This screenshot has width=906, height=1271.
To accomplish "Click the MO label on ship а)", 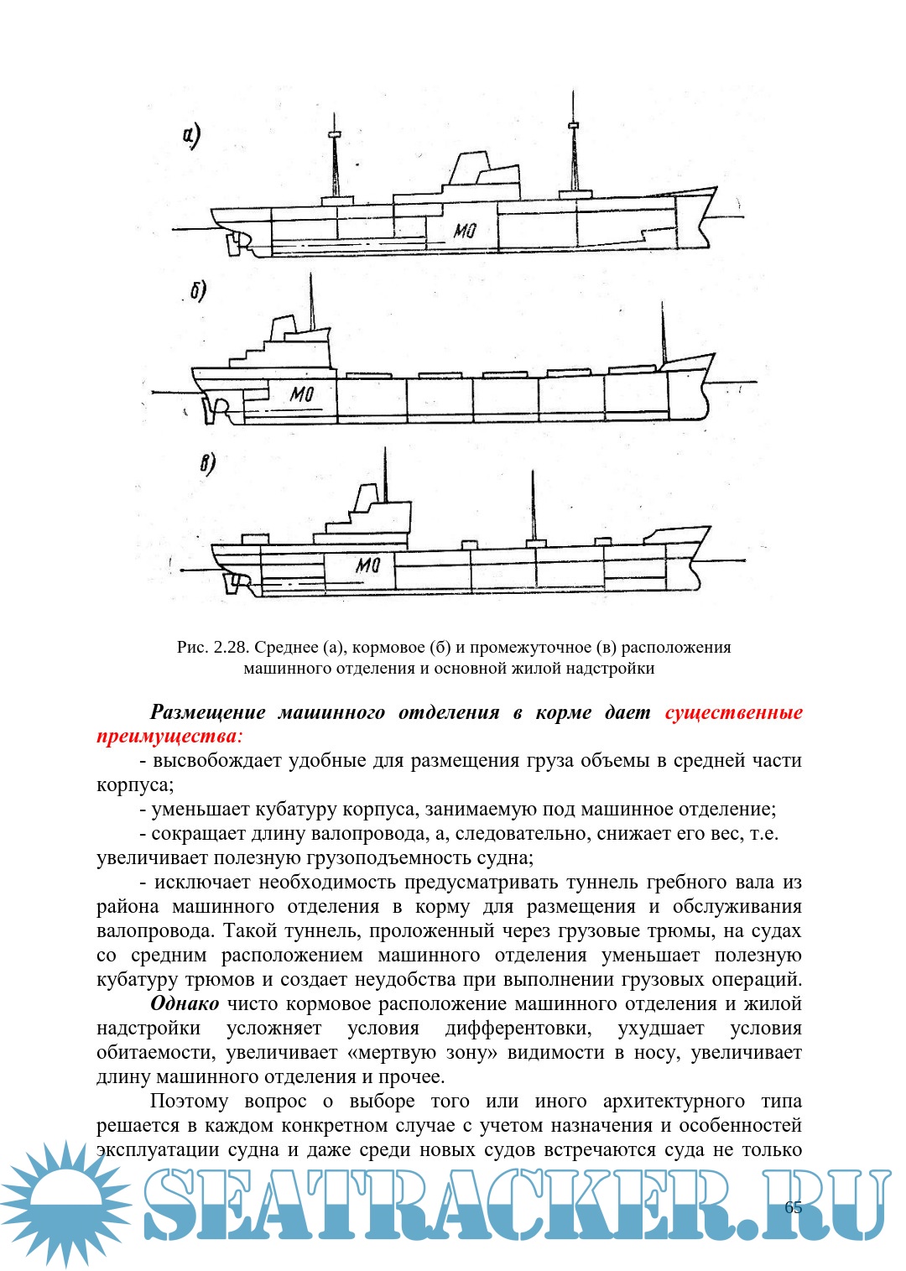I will pyautogui.click(x=465, y=230).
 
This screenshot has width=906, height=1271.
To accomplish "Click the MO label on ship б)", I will pyautogui.click(x=301, y=393).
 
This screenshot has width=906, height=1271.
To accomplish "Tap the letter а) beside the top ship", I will pyautogui.click(x=191, y=136).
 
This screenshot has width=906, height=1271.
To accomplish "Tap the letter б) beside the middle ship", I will pyautogui.click(x=198, y=291).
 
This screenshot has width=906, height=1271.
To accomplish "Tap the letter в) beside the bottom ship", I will pyautogui.click(x=207, y=464).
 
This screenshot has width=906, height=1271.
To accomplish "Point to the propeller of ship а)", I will pyautogui.click(x=232, y=244).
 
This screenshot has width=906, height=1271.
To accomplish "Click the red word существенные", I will pyautogui.click(x=733, y=712).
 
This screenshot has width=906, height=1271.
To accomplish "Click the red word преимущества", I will pyautogui.click(x=167, y=737).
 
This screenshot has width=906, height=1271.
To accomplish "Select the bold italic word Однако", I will pyautogui.click(x=185, y=1003).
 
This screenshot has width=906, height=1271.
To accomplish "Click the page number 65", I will pyautogui.click(x=793, y=1207).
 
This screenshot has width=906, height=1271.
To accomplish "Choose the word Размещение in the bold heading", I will pyautogui.click(x=207, y=712).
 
